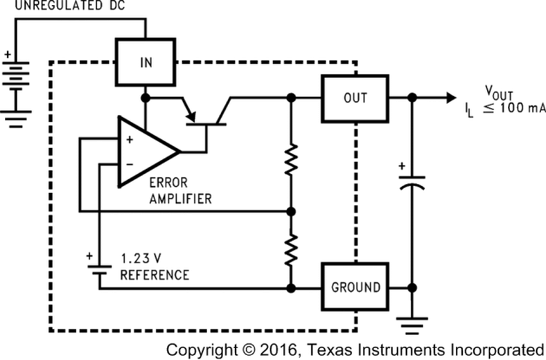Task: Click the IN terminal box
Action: click(146, 63)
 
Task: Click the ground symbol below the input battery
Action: click(17, 121)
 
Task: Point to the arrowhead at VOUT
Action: click(450, 98)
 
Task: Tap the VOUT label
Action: click(499, 92)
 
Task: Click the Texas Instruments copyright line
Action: click(355, 348)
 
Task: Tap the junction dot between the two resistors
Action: click(292, 210)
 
